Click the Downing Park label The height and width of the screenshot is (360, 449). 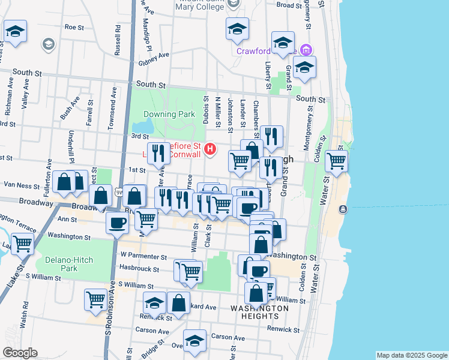point(169,114)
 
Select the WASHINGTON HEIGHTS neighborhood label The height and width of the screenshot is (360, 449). point(259,311)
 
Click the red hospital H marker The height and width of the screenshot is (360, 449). point(210,149)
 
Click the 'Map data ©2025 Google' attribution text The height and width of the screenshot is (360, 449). point(411,355)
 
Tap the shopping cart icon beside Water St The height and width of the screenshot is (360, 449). point(337,161)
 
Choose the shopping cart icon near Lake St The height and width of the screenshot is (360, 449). point(22,244)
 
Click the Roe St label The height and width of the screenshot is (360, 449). point(74,27)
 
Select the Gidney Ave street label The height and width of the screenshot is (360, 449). point(154,58)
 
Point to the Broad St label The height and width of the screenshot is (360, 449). point(289,5)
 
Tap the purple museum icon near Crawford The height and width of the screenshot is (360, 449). point(307,50)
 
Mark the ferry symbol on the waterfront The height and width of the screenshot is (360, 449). point(342,209)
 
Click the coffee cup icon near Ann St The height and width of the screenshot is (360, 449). point(117,223)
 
